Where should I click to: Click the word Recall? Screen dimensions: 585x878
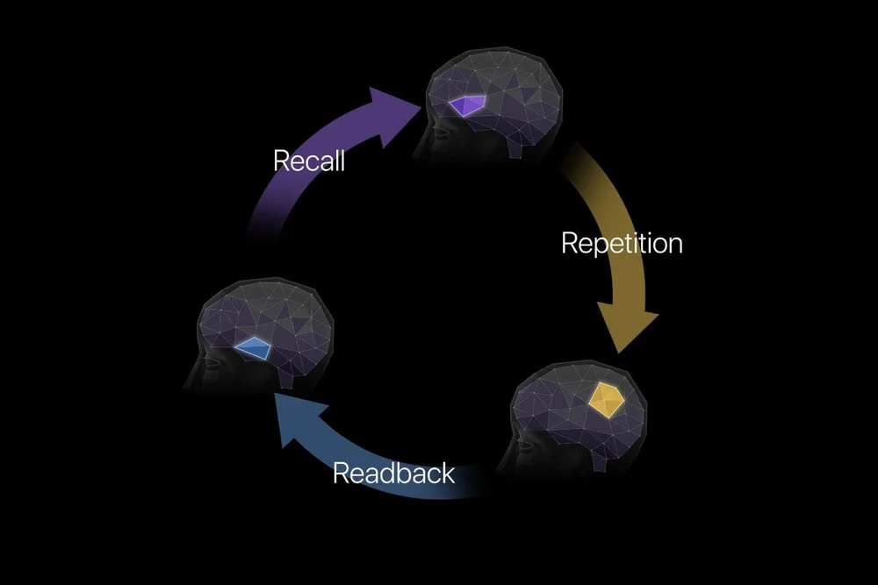[x=308, y=161]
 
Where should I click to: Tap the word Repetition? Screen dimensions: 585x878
[x=622, y=242]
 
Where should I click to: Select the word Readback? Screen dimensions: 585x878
[x=393, y=473]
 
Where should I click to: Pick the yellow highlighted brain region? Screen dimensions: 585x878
[x=606, y=399]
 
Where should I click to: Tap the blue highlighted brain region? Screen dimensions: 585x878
[x=253, y=347]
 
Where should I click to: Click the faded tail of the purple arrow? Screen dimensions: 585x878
[x=259, y=230]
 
